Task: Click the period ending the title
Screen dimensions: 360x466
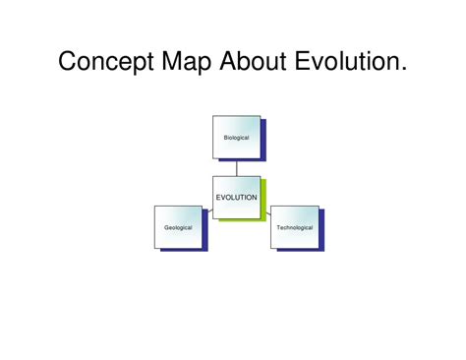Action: click(x=403, y=71)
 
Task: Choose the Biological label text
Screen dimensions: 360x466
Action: click(x=236, y=138)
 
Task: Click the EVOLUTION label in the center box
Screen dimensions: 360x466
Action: click(x=236, y=197)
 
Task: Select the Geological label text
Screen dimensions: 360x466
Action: click(x=178, y=227)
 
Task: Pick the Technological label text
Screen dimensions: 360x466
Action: click(x=294, y=227)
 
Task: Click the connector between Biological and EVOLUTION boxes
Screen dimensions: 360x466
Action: click(x=236, y=167)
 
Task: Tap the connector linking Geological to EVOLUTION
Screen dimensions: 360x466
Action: click(x=207, y=210)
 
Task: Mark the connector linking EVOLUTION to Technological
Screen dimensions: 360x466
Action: click(x=265, y=210)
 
